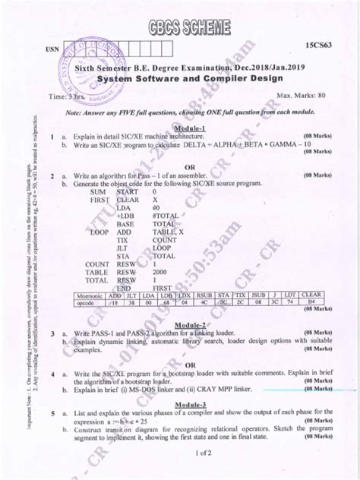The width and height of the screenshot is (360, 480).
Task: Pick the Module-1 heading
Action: (196, 131)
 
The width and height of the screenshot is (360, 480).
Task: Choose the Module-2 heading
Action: (197, 324)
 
